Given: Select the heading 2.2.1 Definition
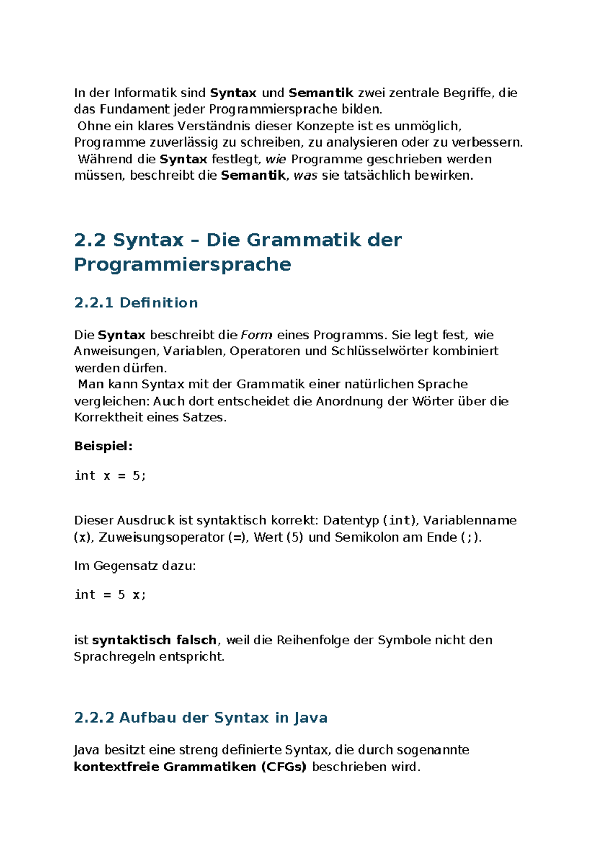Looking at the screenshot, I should [136, 303].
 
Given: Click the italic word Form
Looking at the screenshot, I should [256, 335].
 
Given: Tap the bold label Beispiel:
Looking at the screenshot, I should [104, 446].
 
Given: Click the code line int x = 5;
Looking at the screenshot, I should [110, 476].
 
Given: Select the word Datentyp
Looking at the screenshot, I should [351, 521].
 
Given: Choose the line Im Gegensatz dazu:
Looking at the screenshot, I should [135, 566].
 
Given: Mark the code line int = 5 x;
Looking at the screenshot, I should [110, 595].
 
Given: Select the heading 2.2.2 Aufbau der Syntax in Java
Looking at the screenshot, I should [200, 718].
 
